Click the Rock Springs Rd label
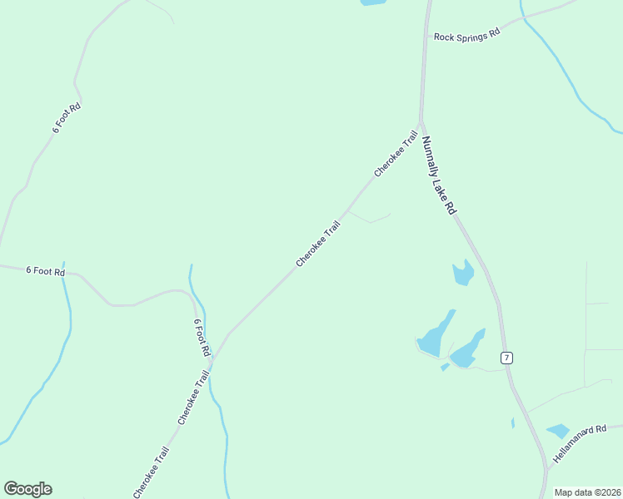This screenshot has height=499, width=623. pos(466,35)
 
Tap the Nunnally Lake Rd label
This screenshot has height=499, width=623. pos(439,176)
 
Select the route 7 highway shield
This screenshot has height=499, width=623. pos(506,358)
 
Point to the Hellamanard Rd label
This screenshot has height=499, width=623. pos(581,445)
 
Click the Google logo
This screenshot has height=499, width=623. pos(27,489)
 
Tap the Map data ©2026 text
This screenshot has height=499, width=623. pos(587,492)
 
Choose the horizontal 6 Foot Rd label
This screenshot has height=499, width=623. pos(45,270)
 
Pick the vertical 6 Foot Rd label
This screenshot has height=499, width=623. pos(200,337)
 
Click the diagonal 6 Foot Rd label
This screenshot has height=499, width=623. pos(66,118)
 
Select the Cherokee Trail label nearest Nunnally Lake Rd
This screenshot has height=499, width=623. pos(395,153)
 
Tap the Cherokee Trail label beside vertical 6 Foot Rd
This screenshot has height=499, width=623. pos(192,398)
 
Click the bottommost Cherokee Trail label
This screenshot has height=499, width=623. pos(151,472)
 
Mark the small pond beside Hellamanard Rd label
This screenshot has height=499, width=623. pos(557,431)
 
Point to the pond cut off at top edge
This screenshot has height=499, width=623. pos(372,2)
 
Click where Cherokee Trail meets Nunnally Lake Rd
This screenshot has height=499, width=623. pos(421,124)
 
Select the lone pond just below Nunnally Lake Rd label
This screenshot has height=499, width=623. pos(463,272)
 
